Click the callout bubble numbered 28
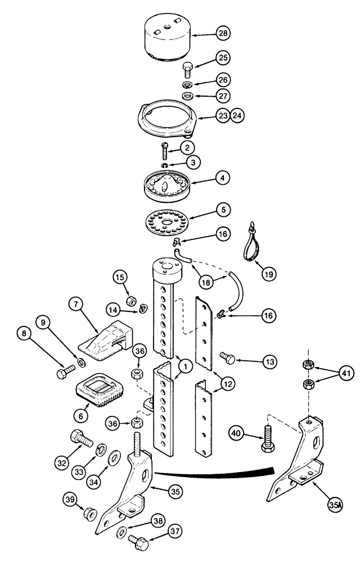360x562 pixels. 223,35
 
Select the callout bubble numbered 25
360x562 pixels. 223,58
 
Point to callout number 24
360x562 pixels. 238,116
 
